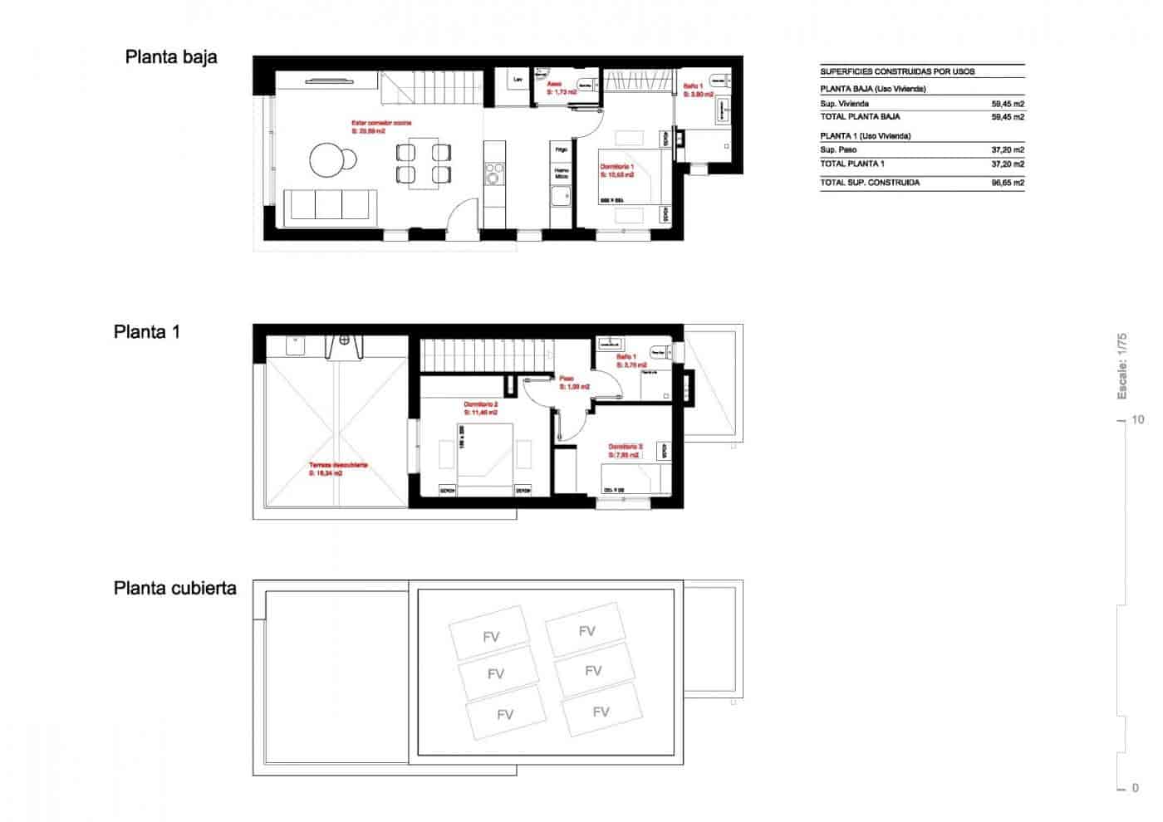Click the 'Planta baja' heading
(x=171, y=57)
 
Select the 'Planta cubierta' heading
(x=174, y=589)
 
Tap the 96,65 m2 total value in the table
(x=1007, y=183)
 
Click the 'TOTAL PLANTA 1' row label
(x=852, y=164)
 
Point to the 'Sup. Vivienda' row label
(x=844, y=104)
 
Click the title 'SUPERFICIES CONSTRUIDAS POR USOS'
(x=897, y=71)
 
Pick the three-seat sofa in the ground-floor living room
(x=331, y=205)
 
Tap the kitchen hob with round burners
(x=494, y=174)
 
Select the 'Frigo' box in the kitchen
(x=562, y=149)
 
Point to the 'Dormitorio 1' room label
(x=617, y=167)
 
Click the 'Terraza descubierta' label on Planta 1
(x=338, y=466)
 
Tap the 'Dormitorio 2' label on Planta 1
(x=481, y=405)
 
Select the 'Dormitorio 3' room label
(x=625, y=447)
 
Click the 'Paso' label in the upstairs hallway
(x=566, y=379)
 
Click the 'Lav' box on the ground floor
(x=518, y=81)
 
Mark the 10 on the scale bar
(x=1137, y=420)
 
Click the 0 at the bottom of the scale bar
(x=1136, y=787)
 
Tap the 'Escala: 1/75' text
(x=1121, y=365)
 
